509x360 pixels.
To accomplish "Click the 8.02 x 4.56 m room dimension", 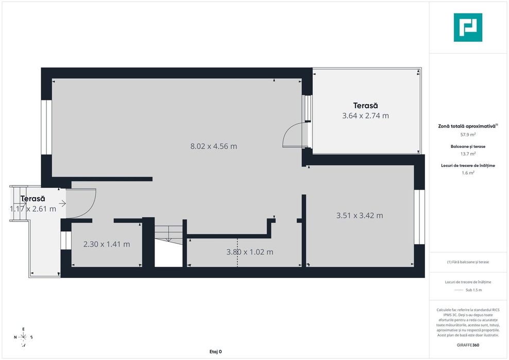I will pyautogui.click(x=213, y=146).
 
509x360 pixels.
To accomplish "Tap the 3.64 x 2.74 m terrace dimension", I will pyautogui.click(x=365, y=116).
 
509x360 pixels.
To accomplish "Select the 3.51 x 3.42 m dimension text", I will pyautogui.click(x=359, y=216).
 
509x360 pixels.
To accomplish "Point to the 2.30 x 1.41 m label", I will pyautogui.click(x=107, y=244).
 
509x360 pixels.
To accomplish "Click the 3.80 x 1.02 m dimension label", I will pyautogui.click(x=249, y=252).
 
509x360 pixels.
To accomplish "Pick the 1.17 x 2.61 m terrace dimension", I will pyautogui.click(x=33, y=209).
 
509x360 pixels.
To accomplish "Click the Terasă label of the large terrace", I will pyautogui.click(x=365, y=106).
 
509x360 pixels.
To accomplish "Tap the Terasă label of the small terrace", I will pyautogui.click(x=32, y=198).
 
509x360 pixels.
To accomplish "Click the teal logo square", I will pyautogui.click(x=468, y=27).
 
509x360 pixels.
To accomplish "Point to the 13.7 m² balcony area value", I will pyautogui.click(x=468, y=153).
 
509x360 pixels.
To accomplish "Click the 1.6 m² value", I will pyautogui.click(x=468, y=173).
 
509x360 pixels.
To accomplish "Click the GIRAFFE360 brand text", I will pyautogui.click(x=468, y=345).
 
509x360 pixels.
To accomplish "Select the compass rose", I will pyautogui.click(x=23, y=337).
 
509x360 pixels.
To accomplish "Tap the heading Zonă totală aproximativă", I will pyautogui.click(x=467, y=126).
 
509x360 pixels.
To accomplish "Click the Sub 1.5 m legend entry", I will pyautogui.click(x=468, y=290).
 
